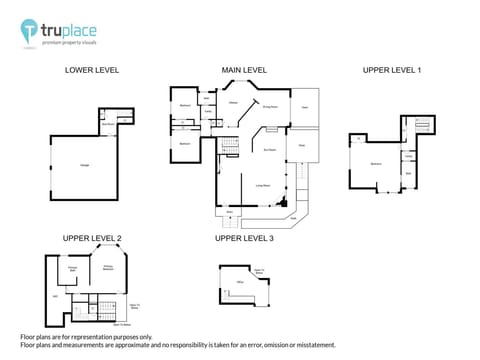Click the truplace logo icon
click(x=30, y=31)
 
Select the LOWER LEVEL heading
click(x=92, y=70)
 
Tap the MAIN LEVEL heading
click(x=244, y=70)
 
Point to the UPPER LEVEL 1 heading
click(x=392, y=70)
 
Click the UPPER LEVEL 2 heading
click(x=92, y=238)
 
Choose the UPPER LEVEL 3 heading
click(x=244, y=238)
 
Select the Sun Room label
click(x=270, y=149)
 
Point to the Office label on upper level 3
click(x=240, y=284)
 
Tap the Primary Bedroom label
click(x=108, y=267)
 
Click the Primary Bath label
click(x=72, y=268)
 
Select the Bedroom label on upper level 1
click(x=376, y=163)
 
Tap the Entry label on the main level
click(x=231, y=212)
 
